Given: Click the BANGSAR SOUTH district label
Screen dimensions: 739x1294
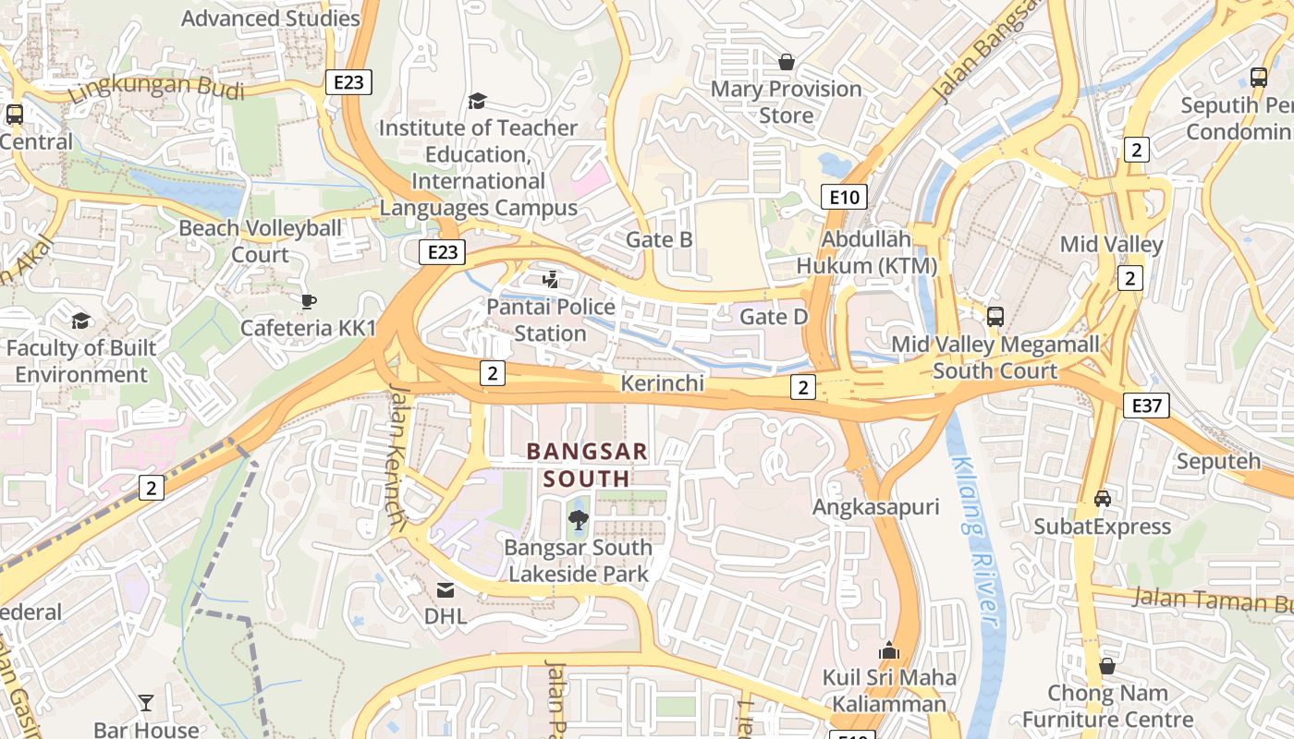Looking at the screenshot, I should tap(587, 465).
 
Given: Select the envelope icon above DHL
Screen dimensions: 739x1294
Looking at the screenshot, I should tap(446, 589).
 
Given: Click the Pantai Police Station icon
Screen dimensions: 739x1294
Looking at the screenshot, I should tap(551, 279).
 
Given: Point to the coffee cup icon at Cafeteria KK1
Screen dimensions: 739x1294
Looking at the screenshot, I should tap(309, 301).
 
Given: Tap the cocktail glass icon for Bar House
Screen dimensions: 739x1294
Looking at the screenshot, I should tap(146, 703).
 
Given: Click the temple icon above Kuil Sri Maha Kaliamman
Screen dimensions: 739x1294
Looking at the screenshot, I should tap(889, 650).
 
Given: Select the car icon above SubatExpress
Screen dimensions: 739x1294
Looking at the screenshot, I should tap(1102, 499).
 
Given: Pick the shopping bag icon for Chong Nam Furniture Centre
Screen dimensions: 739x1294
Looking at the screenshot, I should tap(1107, 665).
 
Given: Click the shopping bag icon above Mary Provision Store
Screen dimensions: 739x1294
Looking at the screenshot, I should tap(786, 62).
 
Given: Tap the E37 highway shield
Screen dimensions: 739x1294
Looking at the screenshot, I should tap(1146, 405).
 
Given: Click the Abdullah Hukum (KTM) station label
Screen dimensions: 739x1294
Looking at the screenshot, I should tap(867, 252).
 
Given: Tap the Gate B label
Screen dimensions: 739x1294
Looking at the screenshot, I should tap(659, 239).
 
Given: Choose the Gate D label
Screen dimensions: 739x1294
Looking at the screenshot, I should tap(774, 318).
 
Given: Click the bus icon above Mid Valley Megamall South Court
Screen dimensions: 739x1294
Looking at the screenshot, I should tap(995, 317).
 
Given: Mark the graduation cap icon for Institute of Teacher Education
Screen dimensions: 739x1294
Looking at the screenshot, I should tap(478, 101).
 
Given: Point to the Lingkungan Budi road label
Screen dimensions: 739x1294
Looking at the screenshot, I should tap(157, 90).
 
